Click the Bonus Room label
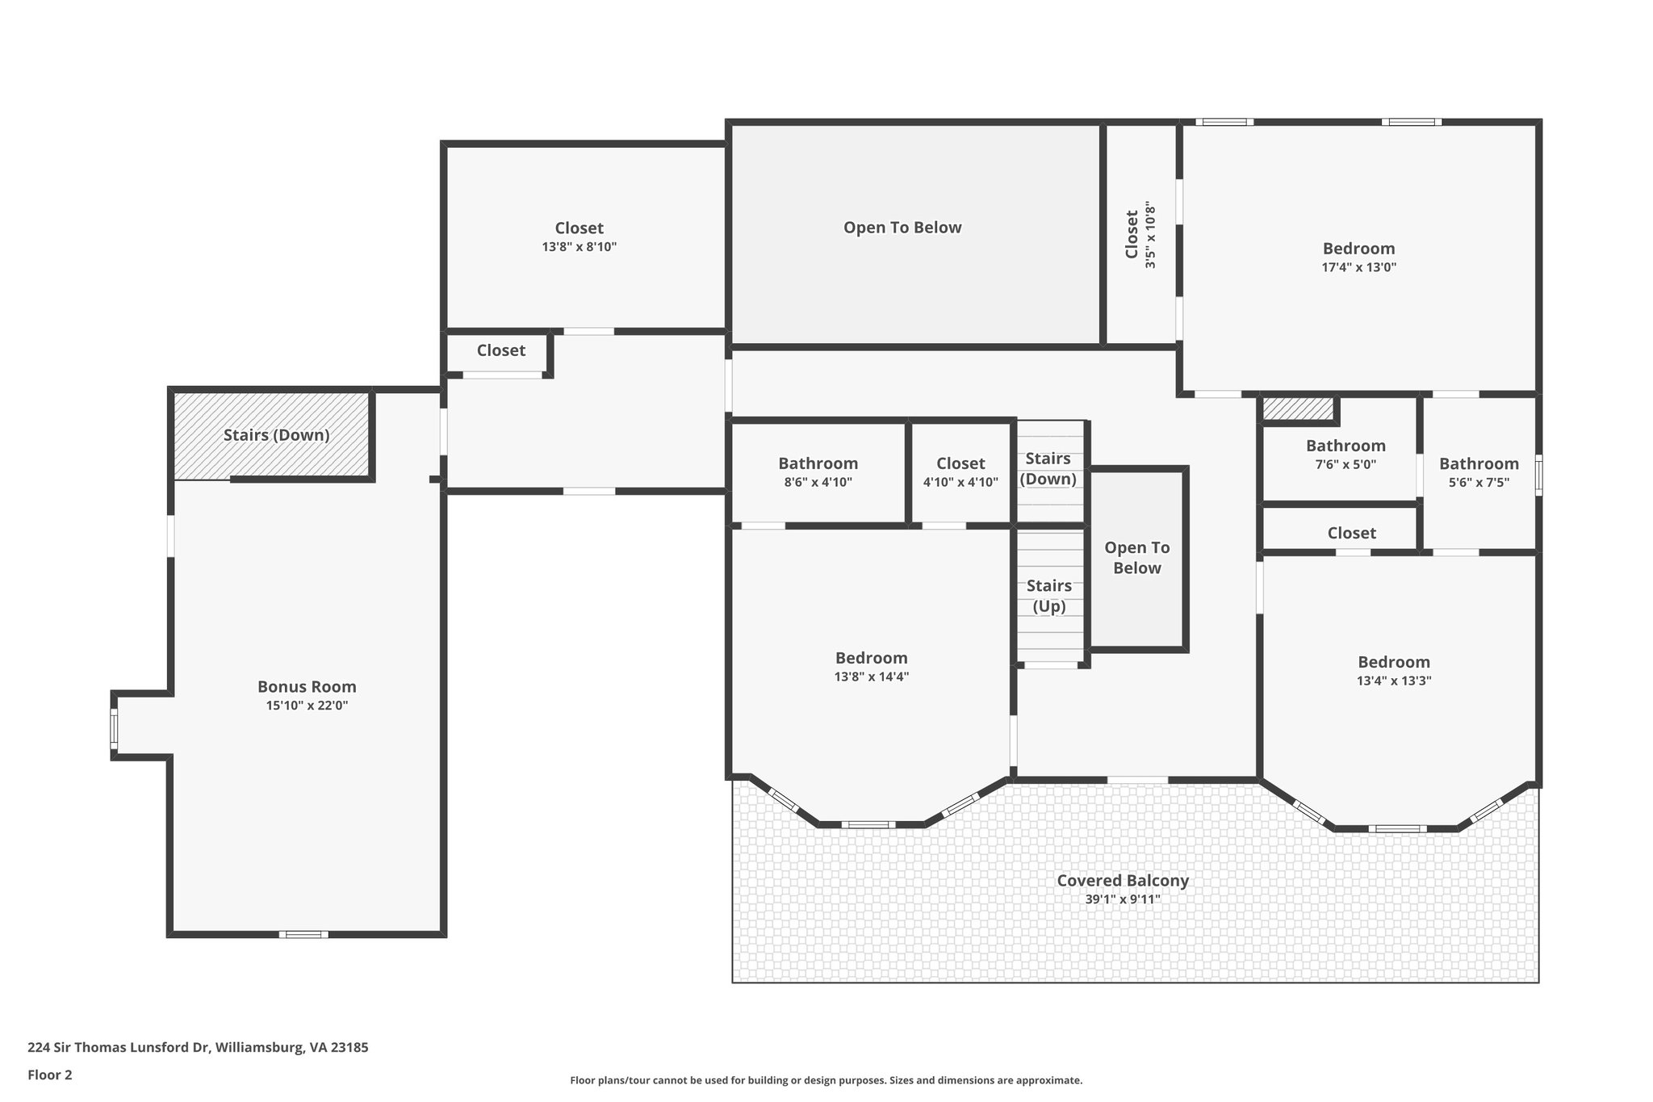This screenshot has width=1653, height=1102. click(307, 686)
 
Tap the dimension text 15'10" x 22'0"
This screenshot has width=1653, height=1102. click(307, 706)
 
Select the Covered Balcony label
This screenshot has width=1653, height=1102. click(1123, 880)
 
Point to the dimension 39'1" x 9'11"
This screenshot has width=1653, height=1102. click(1123, 899)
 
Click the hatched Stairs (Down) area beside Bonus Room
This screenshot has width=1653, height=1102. click(273, 434)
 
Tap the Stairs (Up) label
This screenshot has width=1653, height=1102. click(1049, 596)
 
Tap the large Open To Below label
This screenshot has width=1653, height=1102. click(902, 228)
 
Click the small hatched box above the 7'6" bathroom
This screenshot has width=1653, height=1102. click(1298, 409)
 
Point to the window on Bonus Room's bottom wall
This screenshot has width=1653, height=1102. click(303, 934)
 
